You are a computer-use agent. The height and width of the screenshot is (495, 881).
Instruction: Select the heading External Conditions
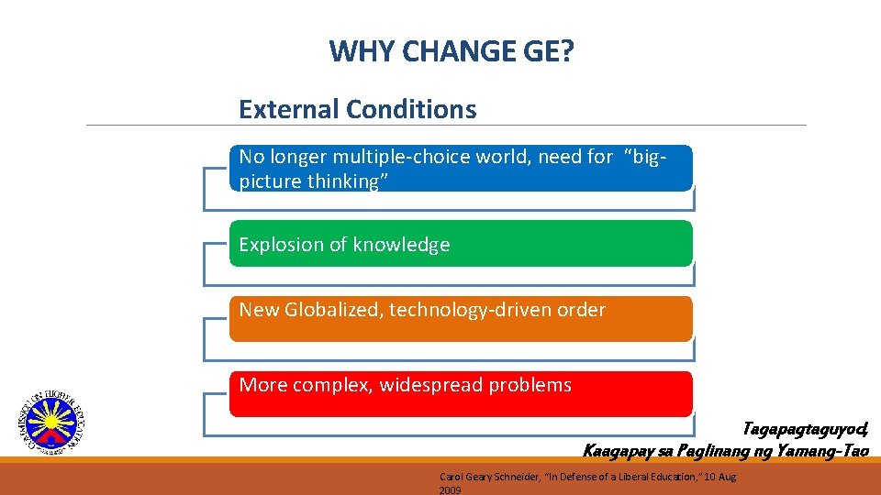click(357, 109)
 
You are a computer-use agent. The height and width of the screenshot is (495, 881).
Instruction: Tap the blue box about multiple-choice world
click(461, 168)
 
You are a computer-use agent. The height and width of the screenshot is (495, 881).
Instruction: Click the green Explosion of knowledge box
click(461, 244)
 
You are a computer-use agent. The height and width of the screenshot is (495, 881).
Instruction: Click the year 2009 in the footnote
click(450, 490)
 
